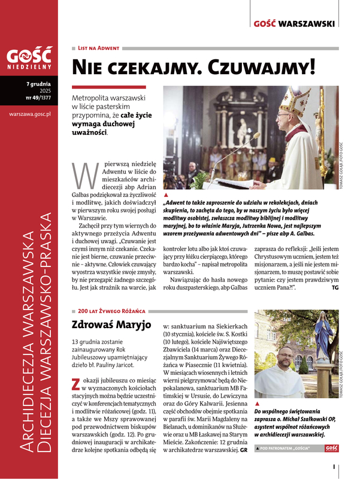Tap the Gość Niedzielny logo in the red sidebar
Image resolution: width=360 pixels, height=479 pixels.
click(28, 57)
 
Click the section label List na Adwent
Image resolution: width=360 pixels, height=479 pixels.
click(99, 47)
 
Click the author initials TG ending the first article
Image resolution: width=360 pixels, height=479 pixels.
click(335, 288)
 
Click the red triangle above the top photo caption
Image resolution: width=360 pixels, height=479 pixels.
click(166, 195)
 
